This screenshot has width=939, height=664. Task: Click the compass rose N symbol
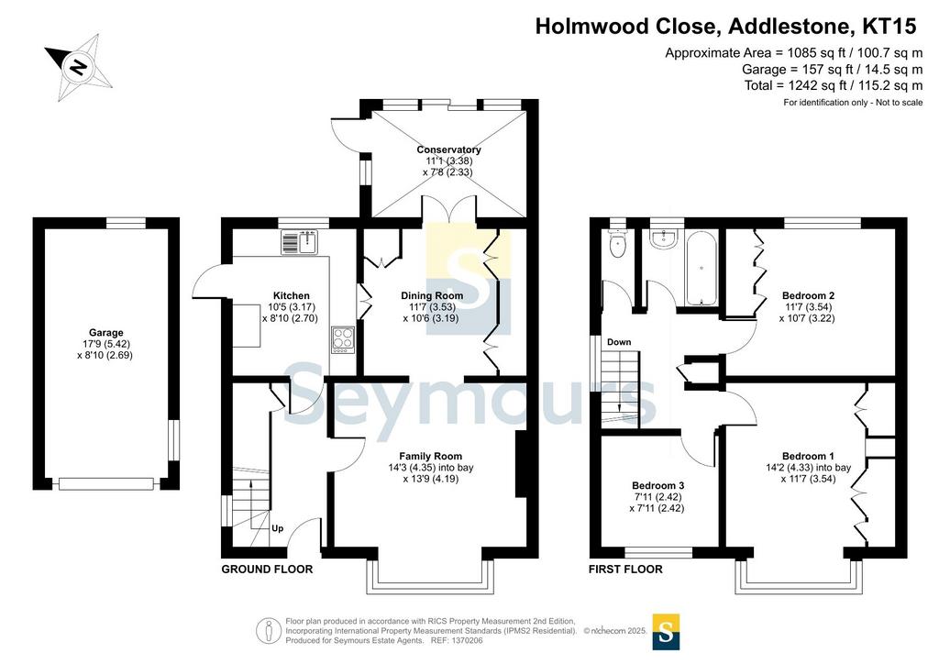(78, 66)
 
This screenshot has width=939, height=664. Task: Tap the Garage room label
(106, 333)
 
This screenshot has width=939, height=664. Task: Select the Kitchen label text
(291, 296)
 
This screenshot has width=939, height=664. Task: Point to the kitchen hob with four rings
(343, 340)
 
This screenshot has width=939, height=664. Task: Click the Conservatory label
(448, 149)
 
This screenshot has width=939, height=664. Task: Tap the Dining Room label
(432, 296)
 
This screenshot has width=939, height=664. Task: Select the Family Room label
(431, 456)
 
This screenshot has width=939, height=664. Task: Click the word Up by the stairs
(277, 528)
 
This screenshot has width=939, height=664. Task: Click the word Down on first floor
(619, 342)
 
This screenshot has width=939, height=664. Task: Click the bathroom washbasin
(664, 240)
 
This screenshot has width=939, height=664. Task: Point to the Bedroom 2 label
(808, 296)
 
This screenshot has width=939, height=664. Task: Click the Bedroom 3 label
(657, 485)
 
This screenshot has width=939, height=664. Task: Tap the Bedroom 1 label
(808, 456)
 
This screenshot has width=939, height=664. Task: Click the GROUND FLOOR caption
(267, 570)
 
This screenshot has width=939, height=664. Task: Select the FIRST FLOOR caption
(625, 570)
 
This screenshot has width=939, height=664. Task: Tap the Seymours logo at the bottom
(666, 632)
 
